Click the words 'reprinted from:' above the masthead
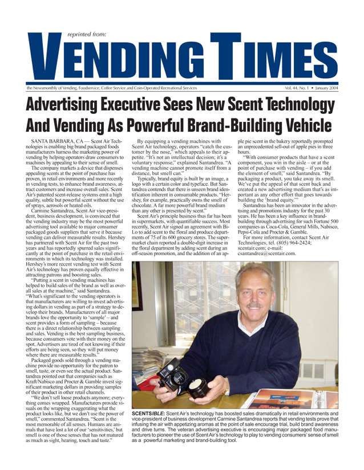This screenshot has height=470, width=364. pos(86,34)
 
